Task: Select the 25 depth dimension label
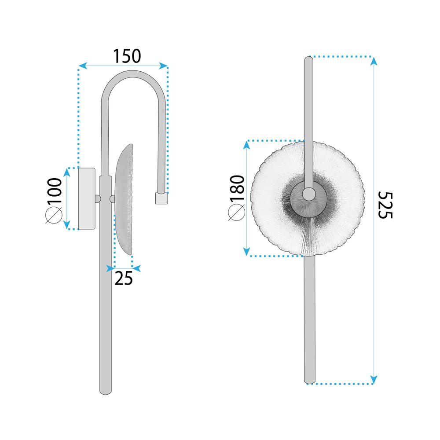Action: click(124, 279)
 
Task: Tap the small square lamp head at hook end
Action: click(161, 198)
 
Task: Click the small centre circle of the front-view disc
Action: click(308, 193)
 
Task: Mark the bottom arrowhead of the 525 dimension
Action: click(374, 380)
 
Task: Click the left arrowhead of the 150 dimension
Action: click(81, 66)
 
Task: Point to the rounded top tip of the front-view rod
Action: click(309, 59)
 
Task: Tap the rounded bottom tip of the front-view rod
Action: click(309, 382)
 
